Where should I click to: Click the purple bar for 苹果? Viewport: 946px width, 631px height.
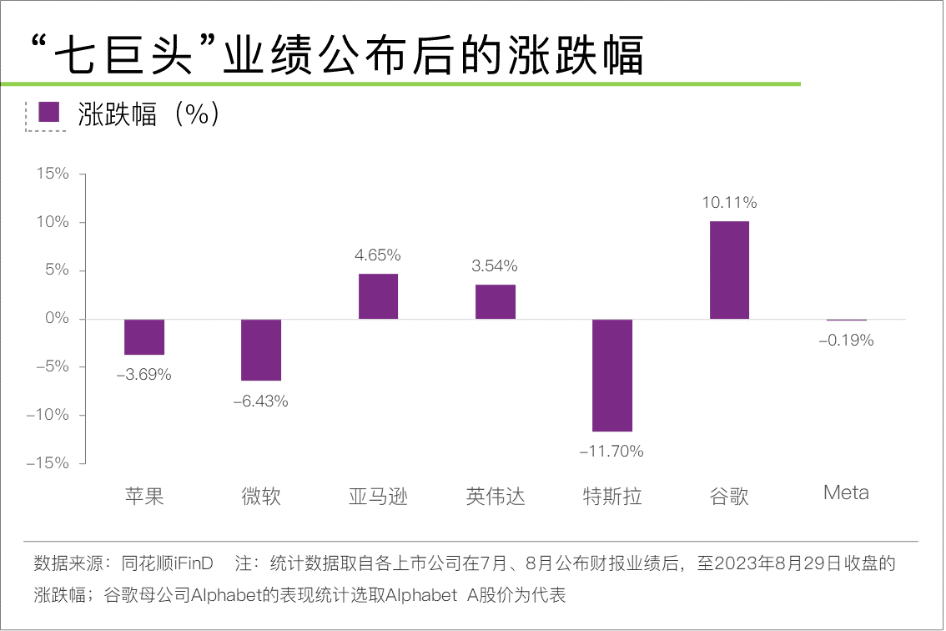point(144,337)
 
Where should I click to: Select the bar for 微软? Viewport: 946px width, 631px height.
point(261,350)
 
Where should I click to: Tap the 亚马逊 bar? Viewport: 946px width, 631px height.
point(378,296)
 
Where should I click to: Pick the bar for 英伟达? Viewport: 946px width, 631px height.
point(496,302)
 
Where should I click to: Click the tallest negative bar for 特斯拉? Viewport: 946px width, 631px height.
point(612,375)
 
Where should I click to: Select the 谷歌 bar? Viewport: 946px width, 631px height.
point(729,270)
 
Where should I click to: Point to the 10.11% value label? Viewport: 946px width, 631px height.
point(729,203)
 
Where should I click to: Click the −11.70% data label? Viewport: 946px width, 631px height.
point(611,452)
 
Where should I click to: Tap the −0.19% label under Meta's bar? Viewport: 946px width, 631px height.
point(846,341)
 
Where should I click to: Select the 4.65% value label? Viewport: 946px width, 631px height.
point(378,255)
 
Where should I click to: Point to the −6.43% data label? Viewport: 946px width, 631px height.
point(260,401)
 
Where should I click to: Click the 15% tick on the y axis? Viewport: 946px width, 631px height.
point(52,174)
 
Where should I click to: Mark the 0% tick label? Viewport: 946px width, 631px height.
point(56,319)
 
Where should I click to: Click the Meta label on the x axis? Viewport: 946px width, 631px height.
point(846,492)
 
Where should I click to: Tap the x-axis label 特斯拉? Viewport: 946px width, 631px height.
point(612,497)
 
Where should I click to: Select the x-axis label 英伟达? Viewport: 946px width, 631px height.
point(496,497)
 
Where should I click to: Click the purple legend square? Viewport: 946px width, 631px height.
point(50,113)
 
